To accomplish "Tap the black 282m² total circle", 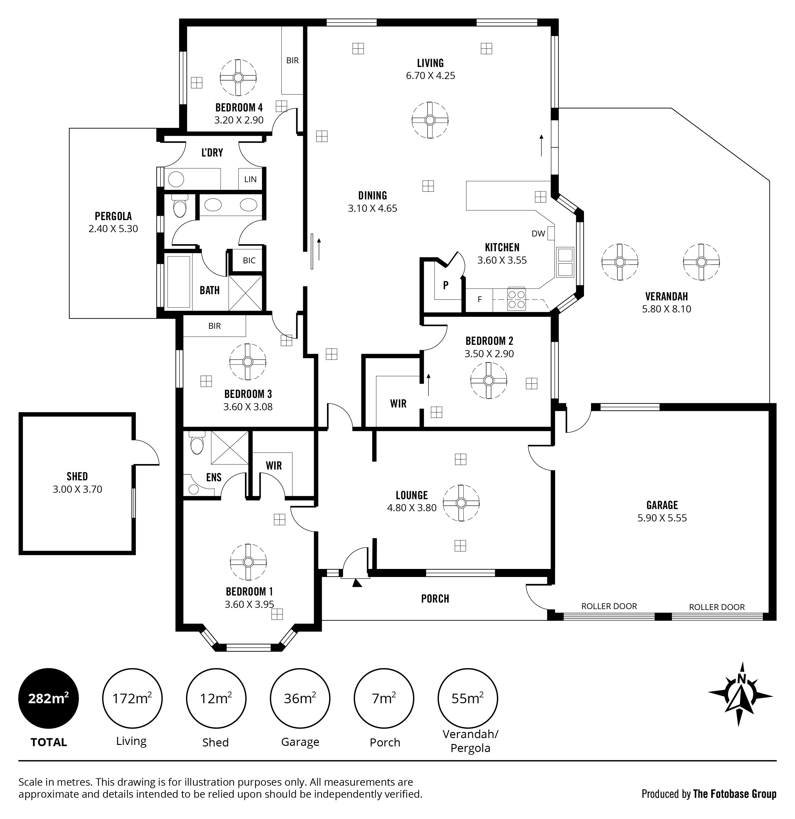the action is click(x=48, y=698).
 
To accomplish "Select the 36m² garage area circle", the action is click(x=300, y=698).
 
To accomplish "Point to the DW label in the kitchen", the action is click(x=538, y=234).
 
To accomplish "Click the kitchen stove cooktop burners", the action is click(x=516, y=299).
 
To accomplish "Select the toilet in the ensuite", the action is click(x=196, y=443).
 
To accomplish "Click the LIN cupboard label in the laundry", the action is click(x=251, y=179).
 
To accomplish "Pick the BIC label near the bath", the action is click(x=249, y=260).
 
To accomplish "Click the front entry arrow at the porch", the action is click(x=357, y=583).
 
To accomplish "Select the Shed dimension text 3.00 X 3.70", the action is click(x=77, y=489).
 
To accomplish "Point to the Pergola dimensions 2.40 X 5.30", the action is click(x=113, y=228).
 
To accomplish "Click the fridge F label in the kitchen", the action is click(x=480, y=299).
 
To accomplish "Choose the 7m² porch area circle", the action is click(x=384, y=698).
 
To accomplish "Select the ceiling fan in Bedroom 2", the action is click(x=489, y=380).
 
